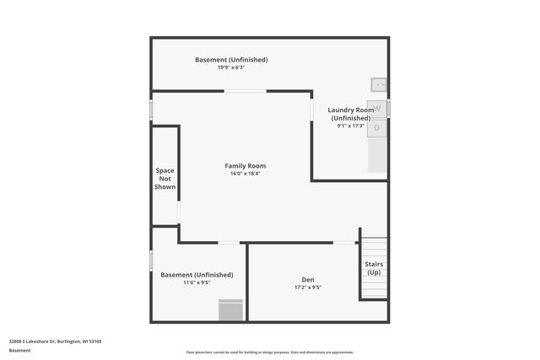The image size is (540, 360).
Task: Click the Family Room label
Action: pyautogui.click(x=245, y=166)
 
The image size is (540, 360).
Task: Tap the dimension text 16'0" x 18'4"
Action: pyautogui.click(x=245, y=174)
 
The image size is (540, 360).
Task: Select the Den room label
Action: pyautogui.click(x=308, y=280)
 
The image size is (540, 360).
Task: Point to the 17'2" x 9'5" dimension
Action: pyautogui.click(x=308, y=287)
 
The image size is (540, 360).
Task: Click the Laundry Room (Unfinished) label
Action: pyautogui.click(x=352, y=114)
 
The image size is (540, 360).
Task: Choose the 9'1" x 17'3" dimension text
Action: pyautogui.click(x=350, y=126)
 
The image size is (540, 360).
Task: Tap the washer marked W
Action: pyautogui.click(x=378, y=109)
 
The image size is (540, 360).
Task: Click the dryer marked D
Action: pyautogui.click(x=377, y=127)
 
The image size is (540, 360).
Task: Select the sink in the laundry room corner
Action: pyautogui.click(x=379, y=84)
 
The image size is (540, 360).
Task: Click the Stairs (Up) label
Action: pyautogui.click(x=373, y=268)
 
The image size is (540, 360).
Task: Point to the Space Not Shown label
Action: pyautogui.click(x=165, y=179)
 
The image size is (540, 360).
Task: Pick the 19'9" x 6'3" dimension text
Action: pyautogui.click(x=231, y=67)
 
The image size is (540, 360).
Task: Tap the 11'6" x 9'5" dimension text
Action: pyautogui.click(x=197, y=282)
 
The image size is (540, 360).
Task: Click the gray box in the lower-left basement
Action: pyautogui.click(x=230, y=310)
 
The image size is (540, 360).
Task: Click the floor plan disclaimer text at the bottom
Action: pyautogui.click(x=270, y=352)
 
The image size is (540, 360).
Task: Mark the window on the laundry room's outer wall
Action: pyautogui.click(x=389, y=108)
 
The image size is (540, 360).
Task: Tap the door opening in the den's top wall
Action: pyautogui.click(x=344, y=243)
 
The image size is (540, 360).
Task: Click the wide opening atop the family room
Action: pyautogui.click(x=246, y=91)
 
